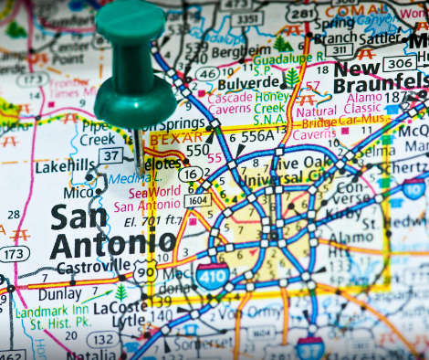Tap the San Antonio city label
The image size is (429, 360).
tap(111, 230)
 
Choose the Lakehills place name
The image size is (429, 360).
tap(65, 166)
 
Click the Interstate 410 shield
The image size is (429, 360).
tap(212, 275)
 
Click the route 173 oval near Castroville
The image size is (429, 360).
tap(13, 253)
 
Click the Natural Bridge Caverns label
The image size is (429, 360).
tap(330, 121)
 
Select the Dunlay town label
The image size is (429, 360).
tap(61, 295)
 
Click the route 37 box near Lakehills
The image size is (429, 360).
tap(111, 156)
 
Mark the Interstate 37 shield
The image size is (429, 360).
tap(310, 347)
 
